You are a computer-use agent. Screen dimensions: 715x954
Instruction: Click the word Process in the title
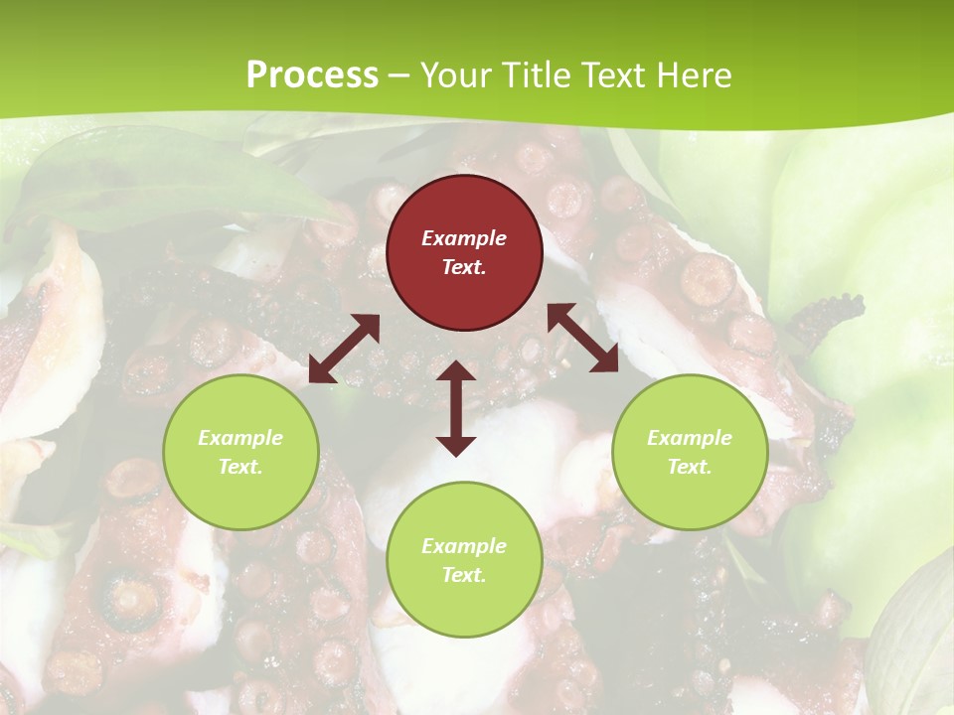point(312,75)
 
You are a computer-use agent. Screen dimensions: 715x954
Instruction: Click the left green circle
point(240,452)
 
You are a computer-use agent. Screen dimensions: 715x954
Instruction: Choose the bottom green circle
point(464,559)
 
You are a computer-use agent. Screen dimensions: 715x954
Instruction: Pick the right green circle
point(690,452)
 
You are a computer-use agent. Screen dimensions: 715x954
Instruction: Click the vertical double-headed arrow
point(456,408)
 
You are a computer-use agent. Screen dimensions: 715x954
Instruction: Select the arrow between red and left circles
point(344,349)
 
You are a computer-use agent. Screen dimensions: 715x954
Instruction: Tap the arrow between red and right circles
point(582,338)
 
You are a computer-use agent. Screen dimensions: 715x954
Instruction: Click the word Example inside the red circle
point(464,238)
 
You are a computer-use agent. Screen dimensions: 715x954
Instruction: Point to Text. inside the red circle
point(464,267)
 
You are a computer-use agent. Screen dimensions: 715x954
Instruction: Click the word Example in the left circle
point(240,438)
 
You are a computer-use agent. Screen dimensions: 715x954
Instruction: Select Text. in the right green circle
point(690,467)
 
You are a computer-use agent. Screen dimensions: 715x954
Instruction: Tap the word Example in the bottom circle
point(464,546)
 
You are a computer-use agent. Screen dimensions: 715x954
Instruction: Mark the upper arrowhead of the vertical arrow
point(456,371)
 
